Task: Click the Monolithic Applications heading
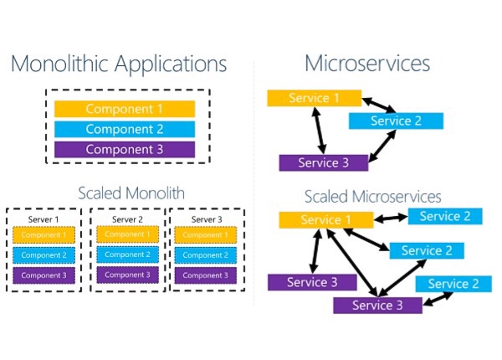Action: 119,64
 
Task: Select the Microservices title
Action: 367,63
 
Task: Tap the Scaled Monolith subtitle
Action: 131,193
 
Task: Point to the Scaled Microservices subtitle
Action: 372,197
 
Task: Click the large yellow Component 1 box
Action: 125,109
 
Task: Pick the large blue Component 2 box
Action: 125,129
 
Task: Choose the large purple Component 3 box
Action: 125,149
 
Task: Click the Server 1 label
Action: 44,219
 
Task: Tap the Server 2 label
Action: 127,219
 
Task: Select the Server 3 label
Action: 207,219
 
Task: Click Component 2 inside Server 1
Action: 44,255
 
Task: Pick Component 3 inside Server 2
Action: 127,275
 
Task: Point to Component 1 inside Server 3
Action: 206,235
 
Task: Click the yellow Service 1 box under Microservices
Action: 315,98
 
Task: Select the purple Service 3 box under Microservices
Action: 323,162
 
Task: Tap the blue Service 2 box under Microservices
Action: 396,121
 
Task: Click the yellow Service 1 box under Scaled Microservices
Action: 326,219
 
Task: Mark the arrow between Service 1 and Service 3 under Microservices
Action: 320,131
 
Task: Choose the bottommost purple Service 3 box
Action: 377,306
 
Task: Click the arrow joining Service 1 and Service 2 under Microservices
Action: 379,105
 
